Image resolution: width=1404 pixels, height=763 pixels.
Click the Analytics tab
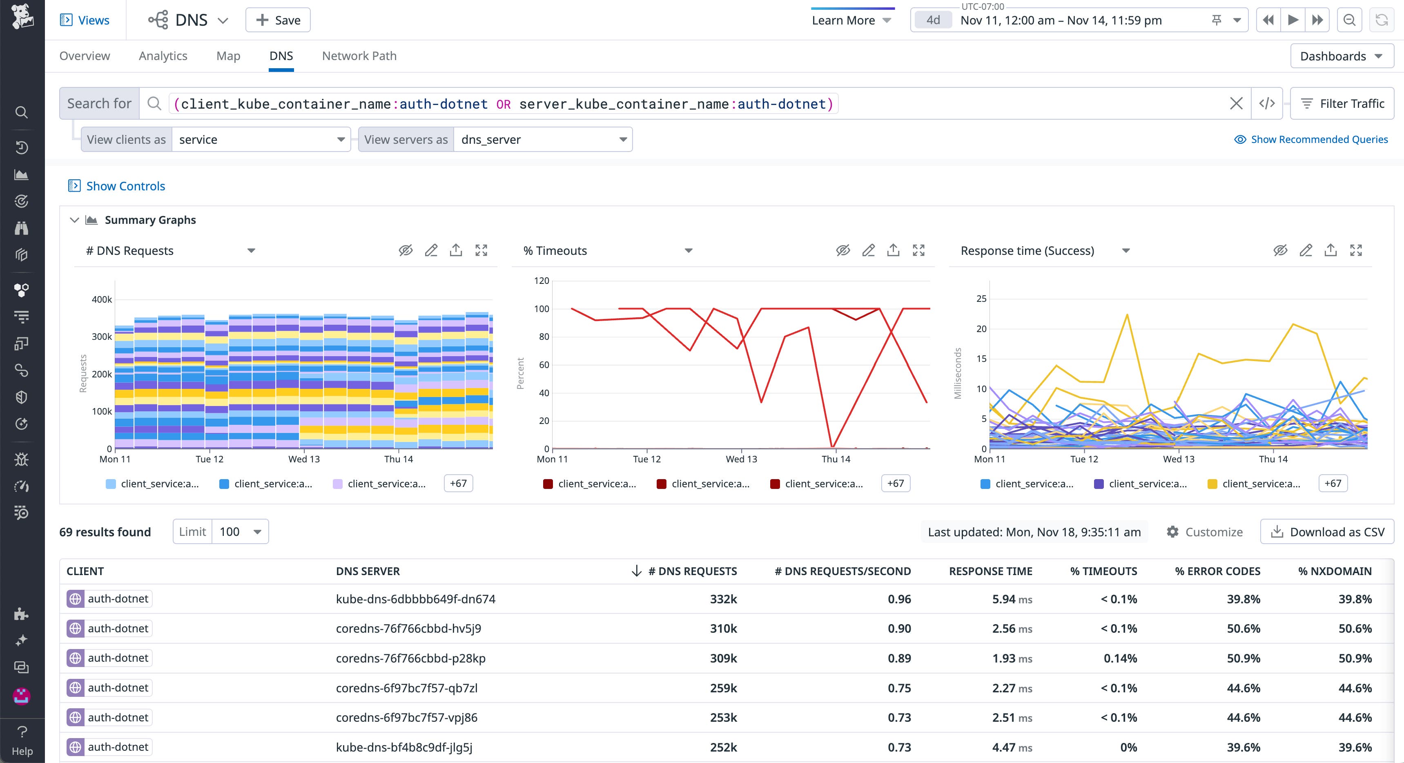(x=163, y=56)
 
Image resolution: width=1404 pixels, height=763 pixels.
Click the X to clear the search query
(x=1236, y=104)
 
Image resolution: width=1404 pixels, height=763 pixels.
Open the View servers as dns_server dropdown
(x=543, y=140)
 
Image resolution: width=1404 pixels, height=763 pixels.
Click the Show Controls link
(x=125, y=186)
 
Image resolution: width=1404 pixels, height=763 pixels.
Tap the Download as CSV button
(x=1327, y=532)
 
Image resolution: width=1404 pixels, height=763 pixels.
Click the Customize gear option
(x=1205, y=532)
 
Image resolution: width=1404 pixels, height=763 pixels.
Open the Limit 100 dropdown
(x=240, y=532)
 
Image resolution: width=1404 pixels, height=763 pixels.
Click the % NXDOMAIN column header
(x=1334, y=571)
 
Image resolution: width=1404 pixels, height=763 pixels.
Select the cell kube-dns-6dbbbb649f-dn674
(x=415, y=599)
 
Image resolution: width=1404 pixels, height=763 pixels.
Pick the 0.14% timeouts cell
(x=1120, y=658)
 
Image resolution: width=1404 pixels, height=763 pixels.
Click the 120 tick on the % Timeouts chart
(x=541, y=281)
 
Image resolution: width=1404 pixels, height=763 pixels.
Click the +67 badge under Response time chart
(x=1333, y=484)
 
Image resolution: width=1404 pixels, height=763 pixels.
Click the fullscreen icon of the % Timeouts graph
(x=918, y=251)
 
